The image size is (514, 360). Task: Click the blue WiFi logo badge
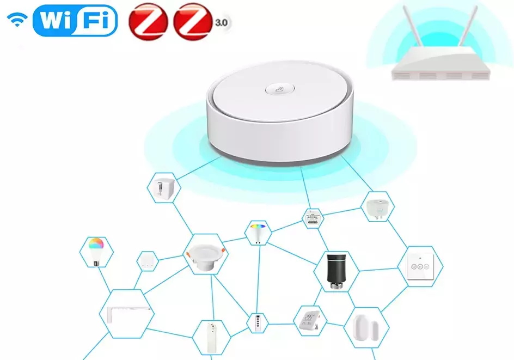click(x=75, y=20)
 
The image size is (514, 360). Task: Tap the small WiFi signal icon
click(x=17, y=20)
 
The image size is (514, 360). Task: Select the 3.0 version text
click(x=222, y=23)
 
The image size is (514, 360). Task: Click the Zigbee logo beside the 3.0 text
click(x=193, y=22)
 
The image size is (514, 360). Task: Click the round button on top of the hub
click(x=280, y=89)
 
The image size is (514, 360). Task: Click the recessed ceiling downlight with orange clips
click(x=205, y=258)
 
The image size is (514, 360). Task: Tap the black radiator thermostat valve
click(x=335, y=271)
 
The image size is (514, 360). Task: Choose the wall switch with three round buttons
click(x=420, y=266)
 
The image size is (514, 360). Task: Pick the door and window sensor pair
click(x=366, y=328)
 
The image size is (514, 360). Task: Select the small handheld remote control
click(x=258, y=322)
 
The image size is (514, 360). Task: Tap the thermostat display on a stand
click(x=309, y=320)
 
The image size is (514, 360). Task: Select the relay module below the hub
click(x=313, y=219)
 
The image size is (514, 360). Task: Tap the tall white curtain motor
click(x=211, y=338)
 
